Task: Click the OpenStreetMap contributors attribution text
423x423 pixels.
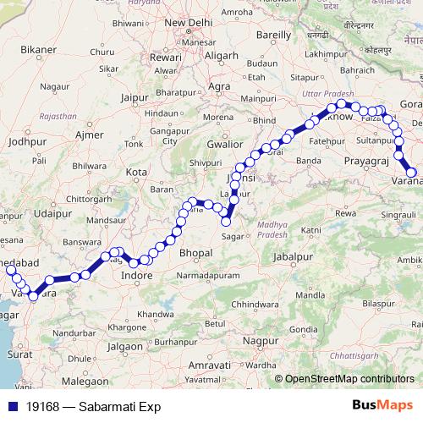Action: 349,380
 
